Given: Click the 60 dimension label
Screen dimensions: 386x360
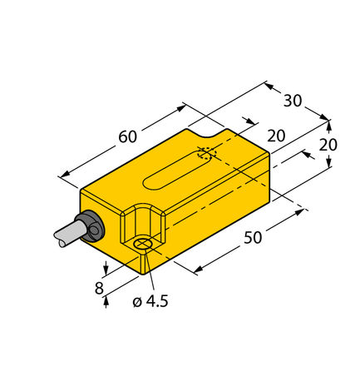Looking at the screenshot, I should tap(126, 136).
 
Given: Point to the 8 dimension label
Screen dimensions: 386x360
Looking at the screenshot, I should tap(99, 289).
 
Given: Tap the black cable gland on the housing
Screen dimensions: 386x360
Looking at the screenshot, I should tap(88, 226).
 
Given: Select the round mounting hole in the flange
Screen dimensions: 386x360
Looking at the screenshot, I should tap(143, 244).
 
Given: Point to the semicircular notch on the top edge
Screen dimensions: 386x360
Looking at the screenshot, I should tap(207, 129).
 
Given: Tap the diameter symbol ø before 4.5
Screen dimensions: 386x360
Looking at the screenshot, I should tap(137, 302).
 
